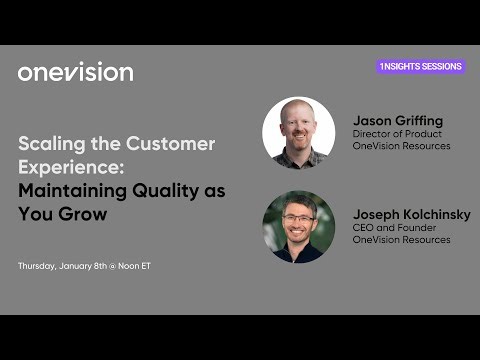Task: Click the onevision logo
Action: pyautogui.click(x=75, y=72)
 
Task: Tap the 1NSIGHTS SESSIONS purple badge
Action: pyautogui.click(x=421, y=66)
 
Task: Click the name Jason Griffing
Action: pyautogui.click(x=397, y=121)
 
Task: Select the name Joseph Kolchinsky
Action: pyautogui.click(x=411, y=214)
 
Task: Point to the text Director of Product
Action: pyautogui.click(x=395, y=134)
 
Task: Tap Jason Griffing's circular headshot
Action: pyautogui.click(x=298, y=132)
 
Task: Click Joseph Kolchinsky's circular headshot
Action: pyautogui.click(x=298, y=226)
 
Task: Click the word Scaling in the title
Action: pyautogui.click(x=47, y=143)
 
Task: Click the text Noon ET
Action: pyautogui.click(x=132, y=266)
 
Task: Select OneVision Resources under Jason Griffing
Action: pyautogui.click(x=401, y=146)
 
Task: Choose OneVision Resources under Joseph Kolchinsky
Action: pyautogui.click(x=401, y=240)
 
